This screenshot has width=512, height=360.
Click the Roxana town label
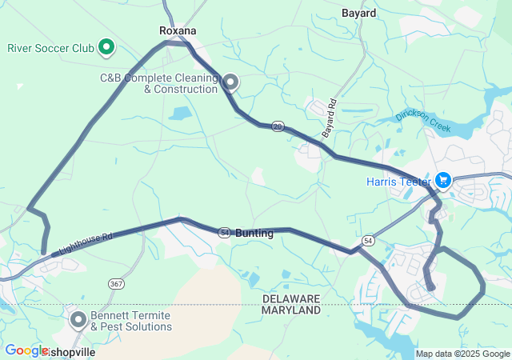[x=178, y=30]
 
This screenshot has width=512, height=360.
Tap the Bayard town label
[x=358, y=14]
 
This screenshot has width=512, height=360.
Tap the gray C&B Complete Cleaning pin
[x=230, y=82]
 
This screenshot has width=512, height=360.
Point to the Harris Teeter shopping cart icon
[x=442, y=181]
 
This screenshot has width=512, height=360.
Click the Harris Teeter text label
[x=398, y=182]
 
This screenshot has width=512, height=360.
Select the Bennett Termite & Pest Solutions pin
[x=78, y=320]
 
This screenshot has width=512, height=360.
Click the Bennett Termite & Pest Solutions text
[x=131, y=321]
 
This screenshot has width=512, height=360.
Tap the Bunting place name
[x=254, y=233]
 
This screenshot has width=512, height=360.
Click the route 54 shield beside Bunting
[x=225, y=232]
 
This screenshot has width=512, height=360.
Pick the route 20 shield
[x=278, y=126]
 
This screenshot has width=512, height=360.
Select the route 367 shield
[x=117, y=283]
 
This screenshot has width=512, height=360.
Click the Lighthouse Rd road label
[x=83, y=245]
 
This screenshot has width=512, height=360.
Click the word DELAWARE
[x=291, y=298]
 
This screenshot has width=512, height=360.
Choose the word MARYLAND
[x=291, y=310]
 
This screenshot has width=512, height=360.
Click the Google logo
[x=26, y=350]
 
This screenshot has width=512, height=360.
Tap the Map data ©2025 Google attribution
[x=462, y=354]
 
